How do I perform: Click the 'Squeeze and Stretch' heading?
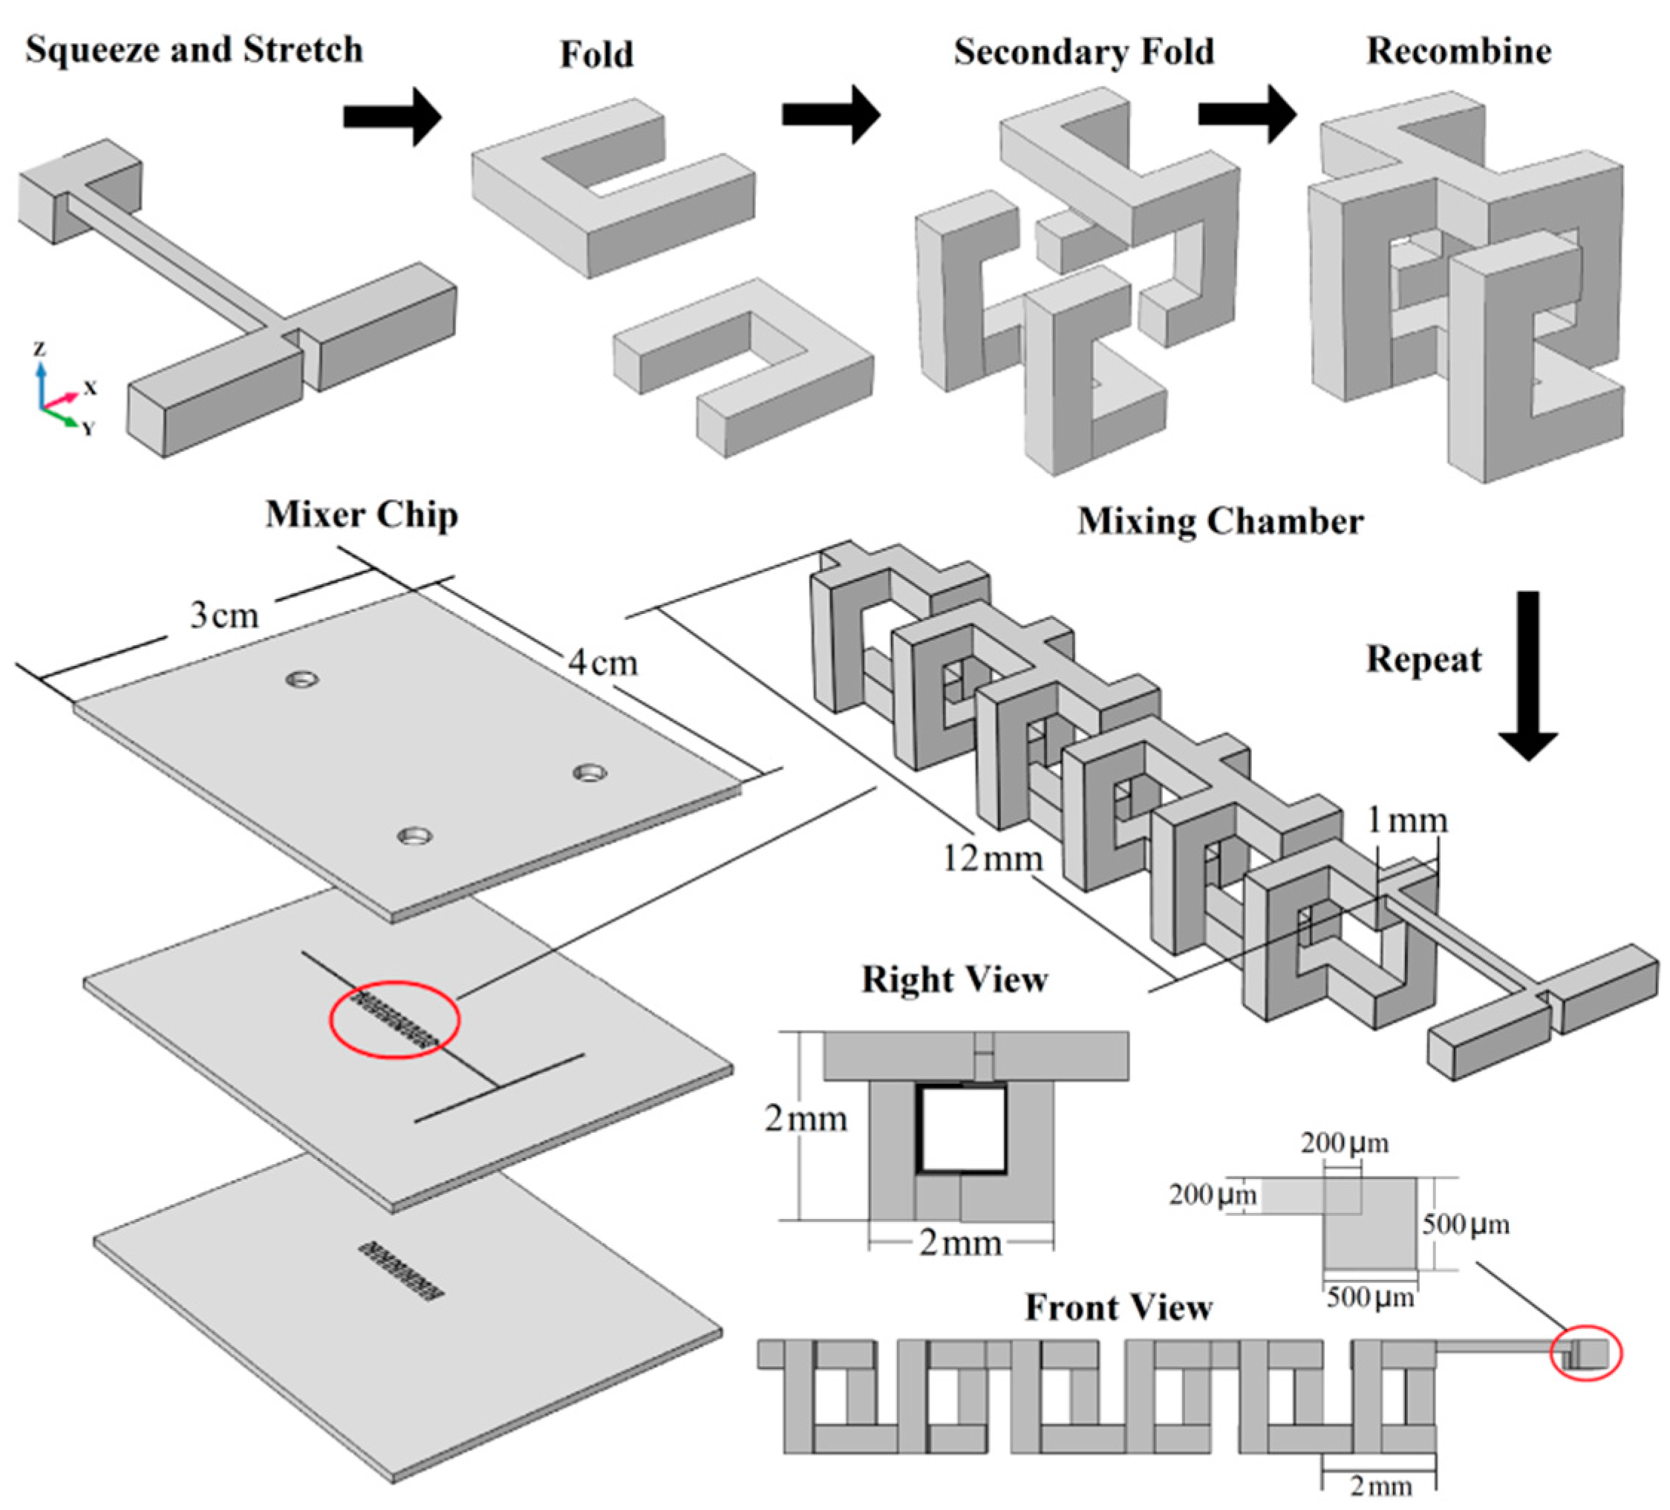tap(194, 50)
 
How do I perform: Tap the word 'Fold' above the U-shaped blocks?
tap(596, 55)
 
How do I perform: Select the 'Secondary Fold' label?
tap(1083, 51)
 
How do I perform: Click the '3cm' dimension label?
tap(224, 615)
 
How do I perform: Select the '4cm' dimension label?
tap(603, 663)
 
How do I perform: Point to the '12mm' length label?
tap(992, 858)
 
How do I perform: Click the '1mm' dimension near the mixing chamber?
tap(1406, 820)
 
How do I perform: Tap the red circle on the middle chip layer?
tap(394, 1019)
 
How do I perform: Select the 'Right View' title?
tap(954, 979)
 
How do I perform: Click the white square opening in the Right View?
tap(963, 1129)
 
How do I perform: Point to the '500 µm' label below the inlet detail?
tap(1370, 1297)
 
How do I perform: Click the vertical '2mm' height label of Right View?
tap(805, 1119)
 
